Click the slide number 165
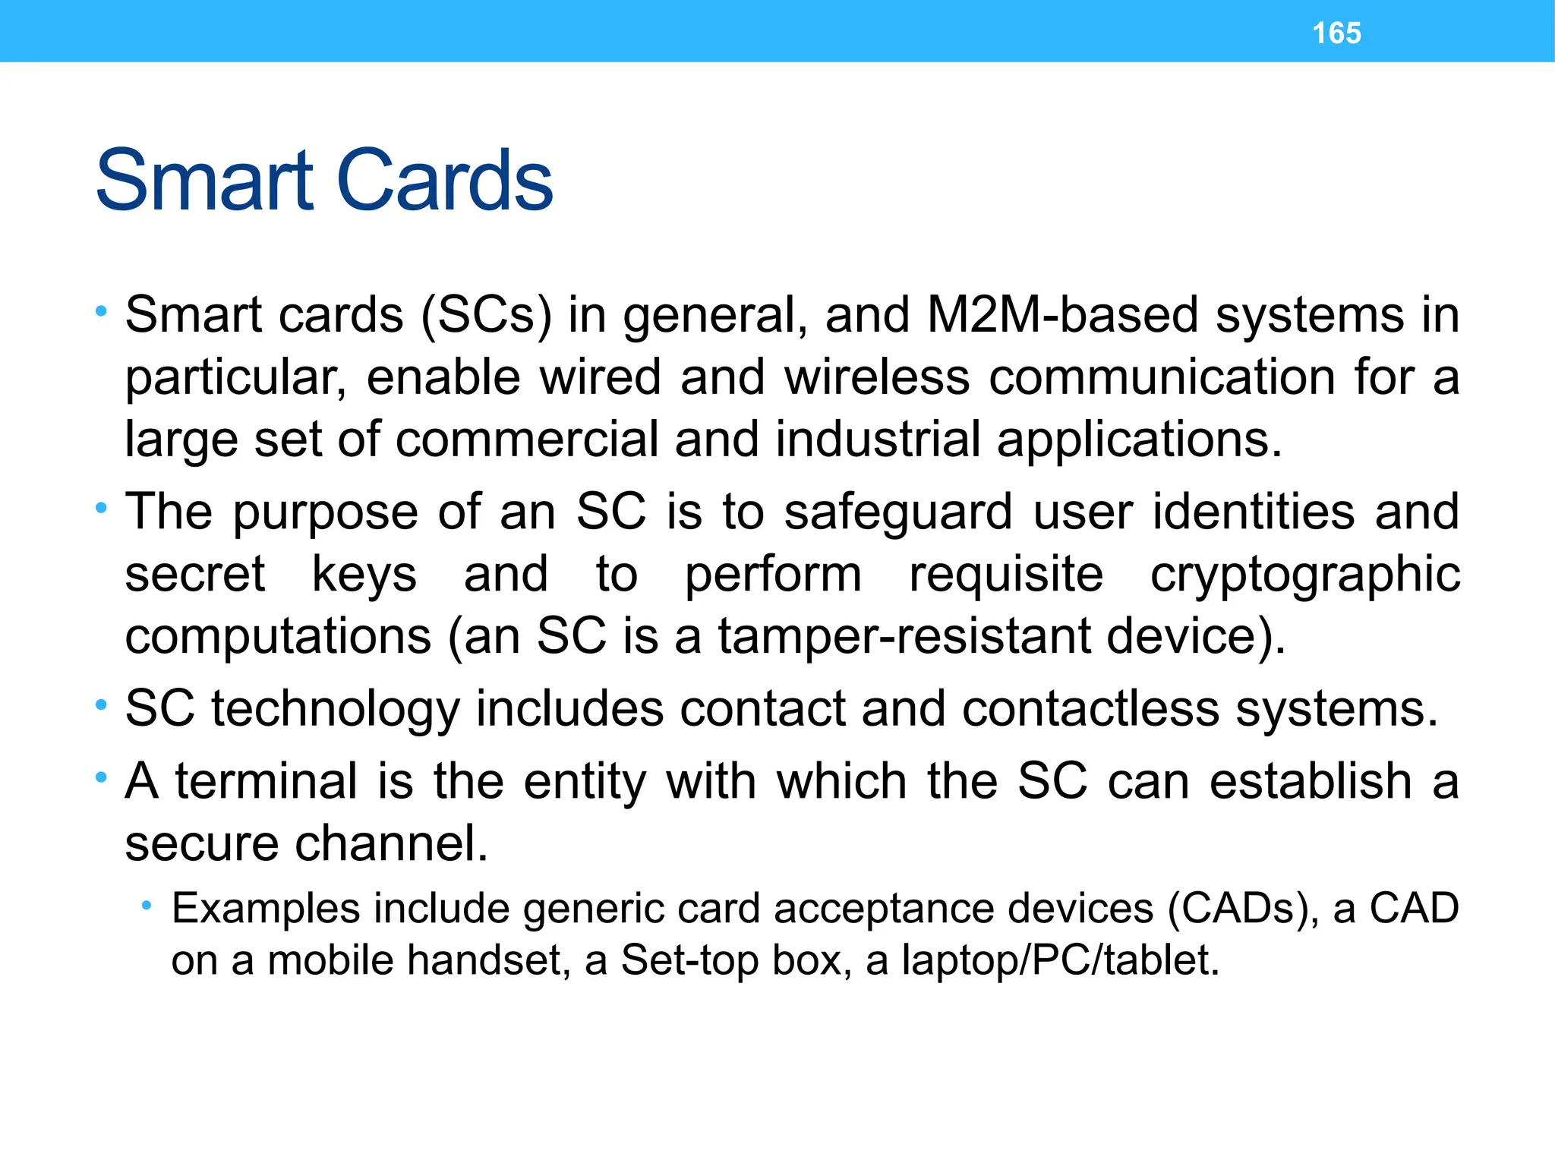tap(1336, 33)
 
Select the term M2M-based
tap(1062, 314)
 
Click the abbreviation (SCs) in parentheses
tap(486, 314)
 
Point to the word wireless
tap(877, 377)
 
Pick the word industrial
tap(878, 439)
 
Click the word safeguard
tap(898, 511)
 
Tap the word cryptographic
tap(1304, 575)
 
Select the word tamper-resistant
tap(904, 635)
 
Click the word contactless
tap(1090, 708)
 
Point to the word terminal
tap(267, 781)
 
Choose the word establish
tap(1311, 781)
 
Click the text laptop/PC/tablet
tap(1060, 960)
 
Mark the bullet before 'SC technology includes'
tap(101, 706)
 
